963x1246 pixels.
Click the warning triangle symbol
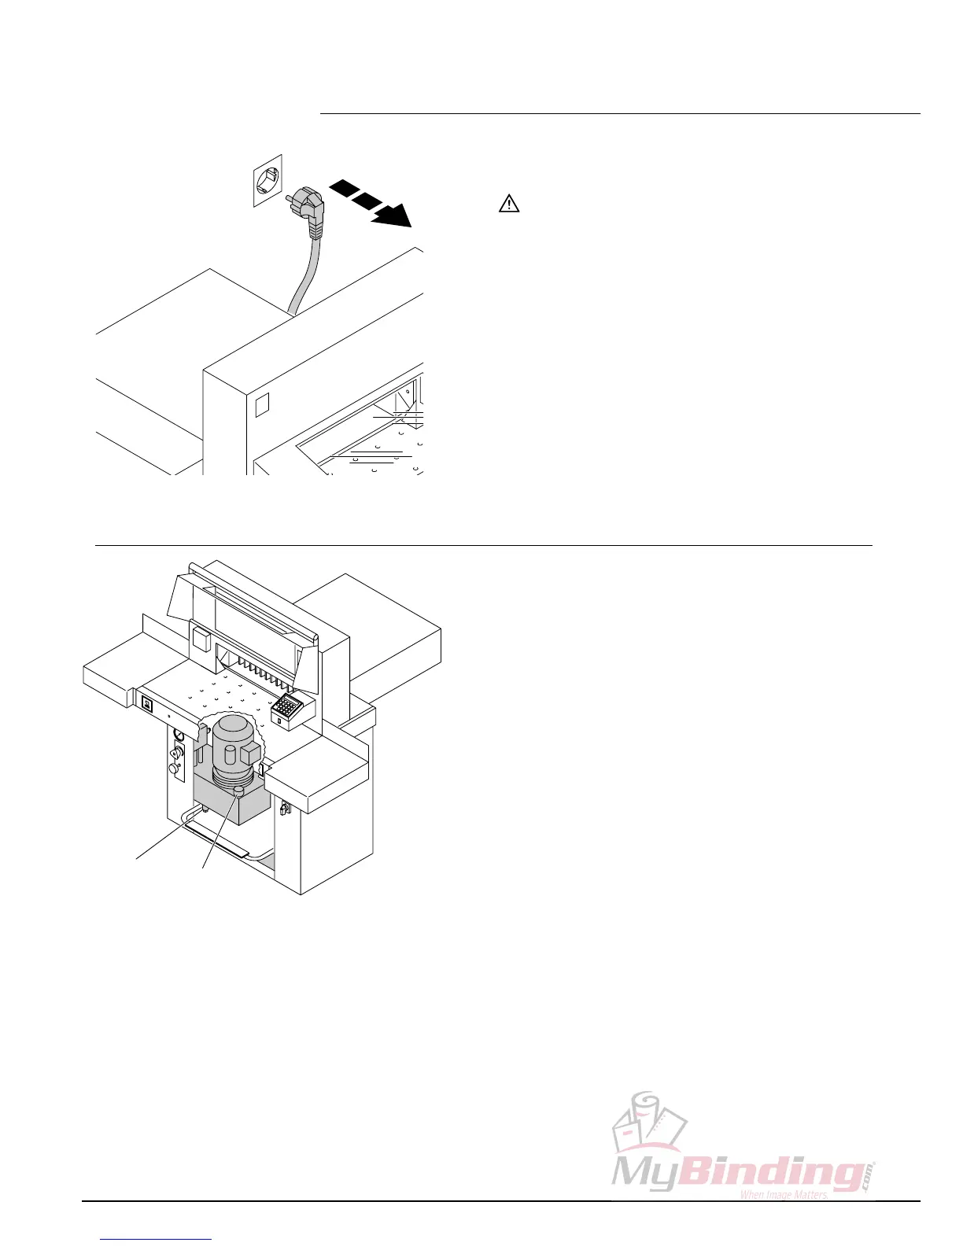pos(510,204)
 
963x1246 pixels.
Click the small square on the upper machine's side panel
pos(262,404)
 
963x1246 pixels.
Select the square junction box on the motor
pos(251,754)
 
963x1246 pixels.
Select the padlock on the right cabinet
pos(284,808)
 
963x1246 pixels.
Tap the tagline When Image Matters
pos(784,1195)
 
